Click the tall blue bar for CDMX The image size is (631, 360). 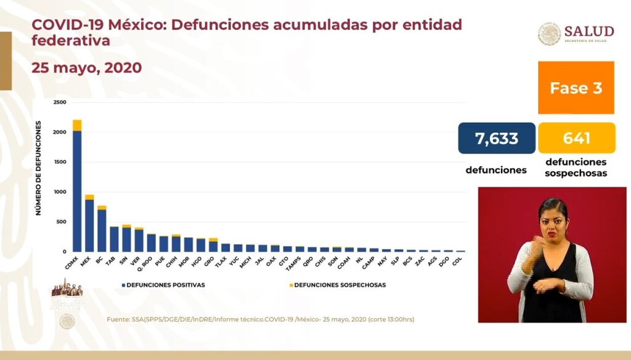[77, 191]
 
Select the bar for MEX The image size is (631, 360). [89, 226]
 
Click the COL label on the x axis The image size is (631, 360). [457, 261]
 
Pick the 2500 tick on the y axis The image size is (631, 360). [59, 102]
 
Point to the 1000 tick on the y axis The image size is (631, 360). [59, 192]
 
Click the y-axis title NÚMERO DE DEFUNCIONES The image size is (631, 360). [38, 168]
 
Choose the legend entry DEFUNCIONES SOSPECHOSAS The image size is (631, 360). [338, 285]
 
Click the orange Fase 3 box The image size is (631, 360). [576, 88]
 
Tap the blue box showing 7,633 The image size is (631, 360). [497, 138]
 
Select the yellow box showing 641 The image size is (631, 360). [576, 138]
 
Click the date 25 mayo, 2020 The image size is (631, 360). [87, 68]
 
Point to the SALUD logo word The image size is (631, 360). [589, 31]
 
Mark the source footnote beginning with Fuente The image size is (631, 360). [260, 319]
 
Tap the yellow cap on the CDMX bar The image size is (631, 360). [77, 125]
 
